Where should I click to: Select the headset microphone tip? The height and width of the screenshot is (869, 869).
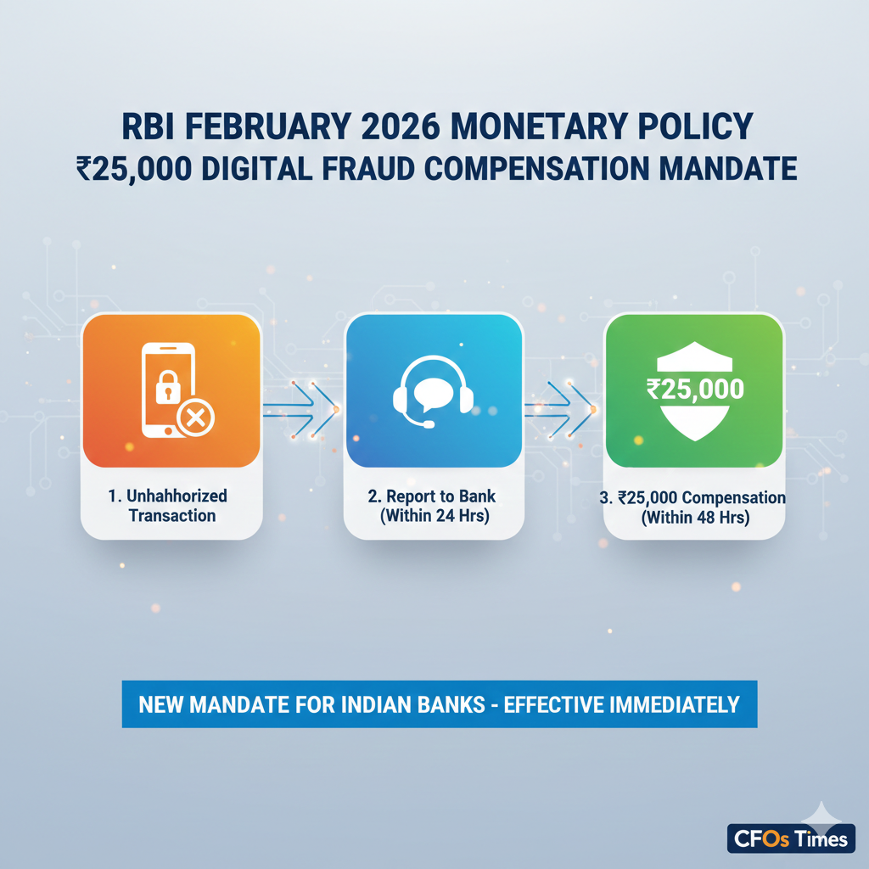[429, 424]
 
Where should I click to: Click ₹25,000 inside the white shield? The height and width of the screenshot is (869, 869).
[694, 390]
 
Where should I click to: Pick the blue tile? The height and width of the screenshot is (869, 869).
[433, 390]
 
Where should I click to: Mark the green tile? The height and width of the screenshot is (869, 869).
[694, 390]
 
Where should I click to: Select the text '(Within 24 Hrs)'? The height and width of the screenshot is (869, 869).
[434, 516]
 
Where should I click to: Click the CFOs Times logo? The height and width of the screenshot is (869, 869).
[789, 838]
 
